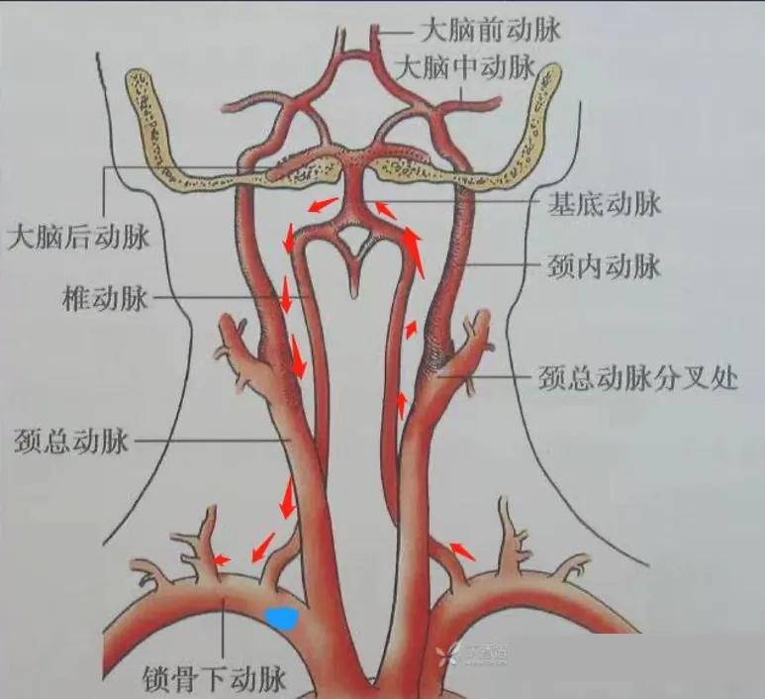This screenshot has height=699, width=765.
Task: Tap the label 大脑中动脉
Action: coord(465,69)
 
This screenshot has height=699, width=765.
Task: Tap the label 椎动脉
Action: coord(104,296)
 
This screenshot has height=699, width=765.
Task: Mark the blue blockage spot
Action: coord(283,618)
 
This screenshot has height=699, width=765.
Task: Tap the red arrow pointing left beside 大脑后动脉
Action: coord(319,206)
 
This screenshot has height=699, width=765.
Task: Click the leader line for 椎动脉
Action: coord(228,296)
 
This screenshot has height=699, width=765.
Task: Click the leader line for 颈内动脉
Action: coord(505,265)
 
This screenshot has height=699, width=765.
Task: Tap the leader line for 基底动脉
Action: coord(465,203)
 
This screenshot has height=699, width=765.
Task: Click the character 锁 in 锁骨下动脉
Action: coord(157,679)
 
